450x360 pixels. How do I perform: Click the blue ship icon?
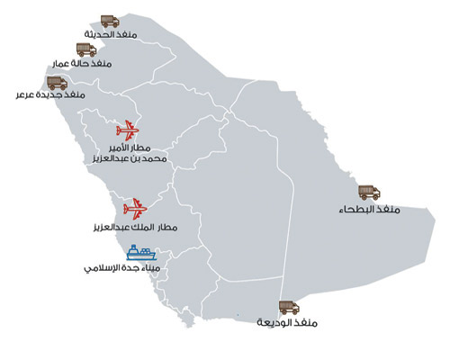click(x=140, y=252)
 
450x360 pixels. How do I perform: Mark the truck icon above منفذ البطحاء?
click(x=369, y=193)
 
